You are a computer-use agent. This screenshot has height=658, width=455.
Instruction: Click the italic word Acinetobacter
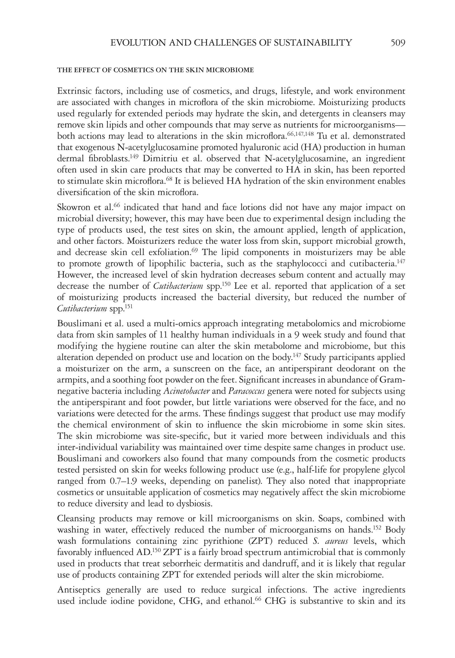[x=187, y=391]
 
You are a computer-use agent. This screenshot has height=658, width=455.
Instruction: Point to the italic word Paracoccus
[x=247, y=391]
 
